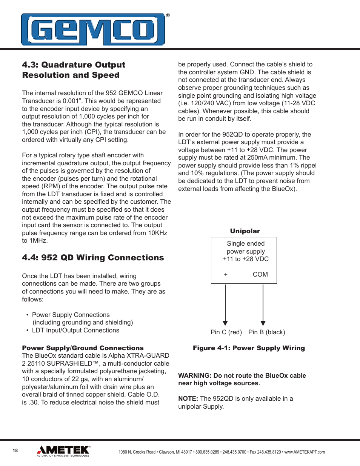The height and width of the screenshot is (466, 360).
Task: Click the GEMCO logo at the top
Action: pyautogui.click(x=93, y=30)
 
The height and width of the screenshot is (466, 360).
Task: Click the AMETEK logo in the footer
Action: pyautogui.click(x=63, y=451)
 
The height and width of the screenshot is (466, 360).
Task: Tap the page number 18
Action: pyautogui.click(x=15, y=451)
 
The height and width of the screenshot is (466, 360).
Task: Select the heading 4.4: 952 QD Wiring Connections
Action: pyautogui.click(x=93, y=258)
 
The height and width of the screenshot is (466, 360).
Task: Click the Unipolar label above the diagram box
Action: pyautogui.click(x=245, y=231)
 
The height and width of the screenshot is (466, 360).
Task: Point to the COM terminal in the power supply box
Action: pyautogui.click(x=260, y=274)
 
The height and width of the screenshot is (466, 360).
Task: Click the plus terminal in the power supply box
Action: pyautogui.click(x=226, y=274)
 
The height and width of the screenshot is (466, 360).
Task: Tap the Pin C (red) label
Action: pyautogui.click(x=226, y=332)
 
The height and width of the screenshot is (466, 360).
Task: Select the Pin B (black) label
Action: pyautogui.click(x=266, y=332)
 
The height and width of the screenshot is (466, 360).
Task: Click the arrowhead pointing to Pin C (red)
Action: pyautogui.click(x=225, y=323)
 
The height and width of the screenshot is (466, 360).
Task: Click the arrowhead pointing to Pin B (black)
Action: pyautogui.click(x=263, y=323)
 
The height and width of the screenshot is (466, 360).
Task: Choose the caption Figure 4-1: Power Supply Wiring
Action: pyautogui.click(x=249, y=348)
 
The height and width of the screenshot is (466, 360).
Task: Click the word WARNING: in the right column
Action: pyautogui.click(x=194, y=375)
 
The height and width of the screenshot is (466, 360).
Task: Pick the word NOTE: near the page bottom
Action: pyautogui.click(x=188, y=398)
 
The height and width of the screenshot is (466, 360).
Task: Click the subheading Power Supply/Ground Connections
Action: pyautogui.click(x=83, y=348)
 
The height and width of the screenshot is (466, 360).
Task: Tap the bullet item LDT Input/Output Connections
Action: pyautogui.click(x=75, y=330)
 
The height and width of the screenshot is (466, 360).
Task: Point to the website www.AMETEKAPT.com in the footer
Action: pyautogui.click(x=304, y=452)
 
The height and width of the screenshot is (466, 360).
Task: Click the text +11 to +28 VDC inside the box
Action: pyautogui.click(x=246, y=259)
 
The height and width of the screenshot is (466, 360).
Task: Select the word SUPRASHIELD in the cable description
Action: pyautogui.click(x=68, y=363)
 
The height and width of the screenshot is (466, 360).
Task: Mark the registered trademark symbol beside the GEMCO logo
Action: pyautogui.click(x=168, y=15)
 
